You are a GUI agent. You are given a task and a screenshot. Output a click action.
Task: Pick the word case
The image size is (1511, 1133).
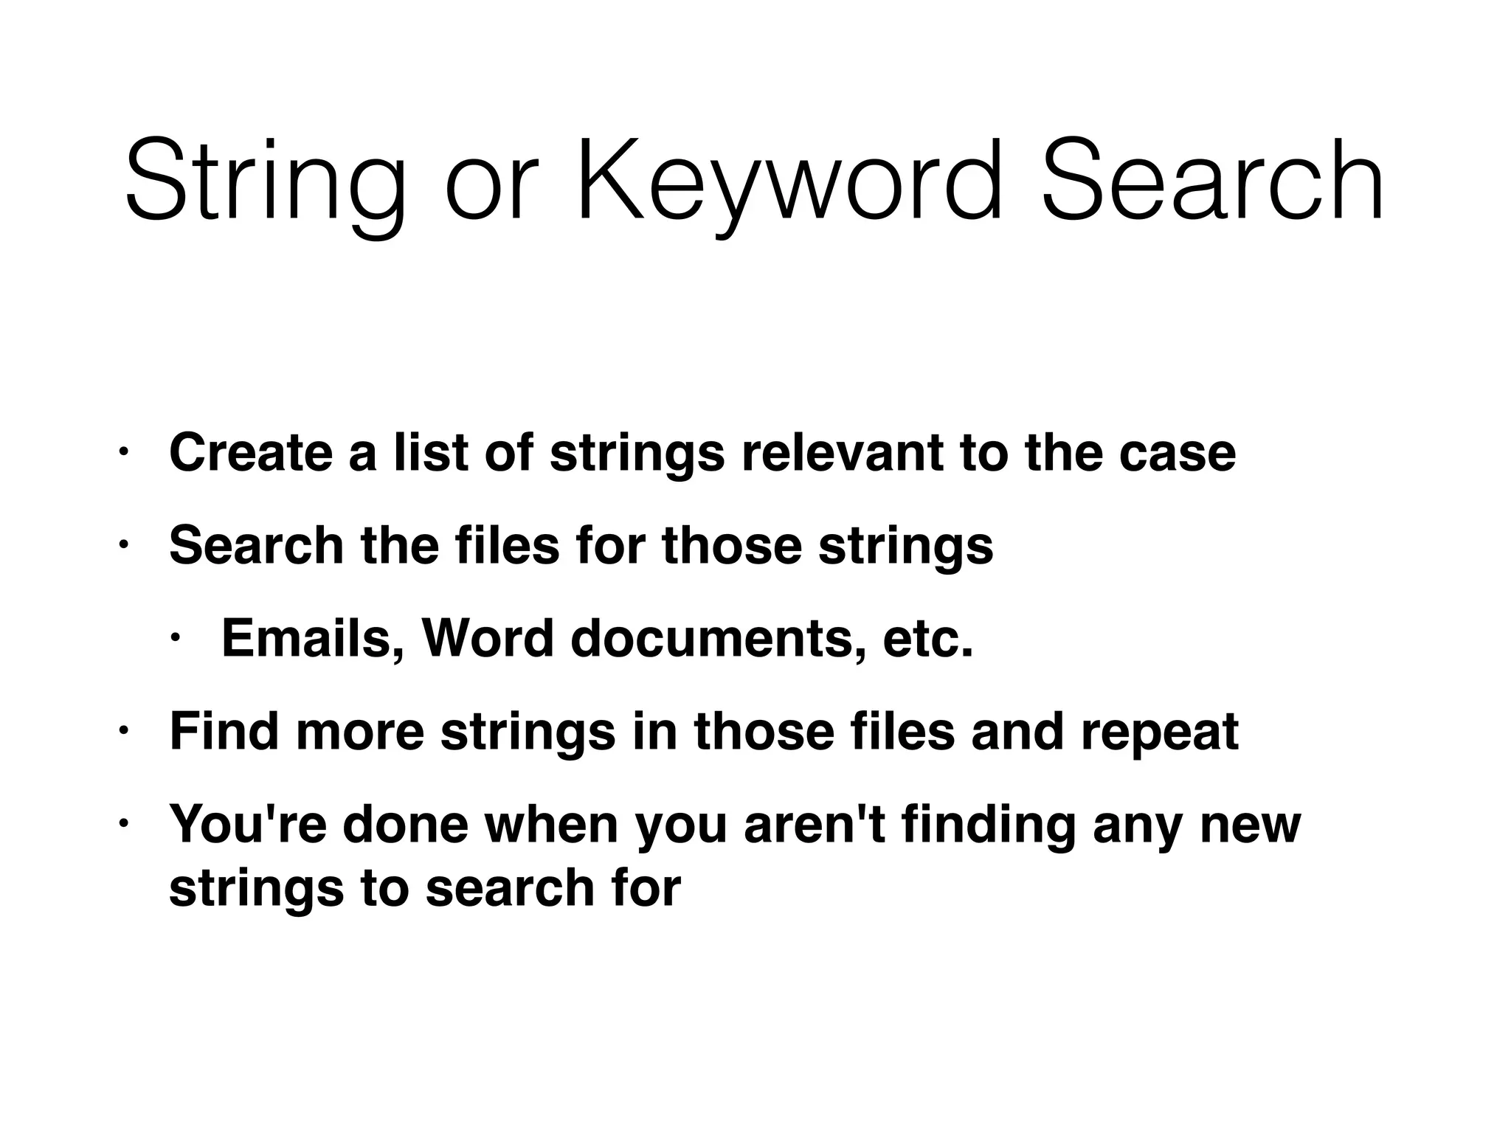point(1177,454)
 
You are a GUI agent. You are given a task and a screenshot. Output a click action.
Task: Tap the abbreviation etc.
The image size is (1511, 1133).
point(927,640)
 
